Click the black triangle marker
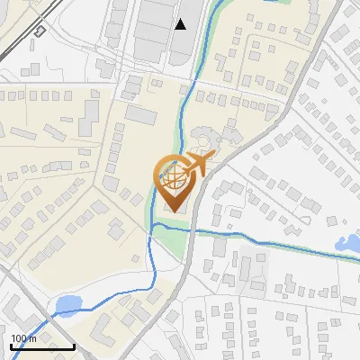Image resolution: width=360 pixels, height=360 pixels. [x=181, y=24]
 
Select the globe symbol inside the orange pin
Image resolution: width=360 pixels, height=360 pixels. [x=174, y=178]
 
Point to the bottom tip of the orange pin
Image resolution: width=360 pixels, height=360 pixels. [x=174, y=211]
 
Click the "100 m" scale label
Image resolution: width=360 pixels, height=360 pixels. [x=23, y=338]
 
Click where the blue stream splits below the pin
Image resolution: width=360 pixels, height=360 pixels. [x=154, y=226]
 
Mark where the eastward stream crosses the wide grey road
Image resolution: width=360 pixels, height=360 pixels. [x=190, y=230]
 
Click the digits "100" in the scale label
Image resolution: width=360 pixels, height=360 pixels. [x=19, y=338]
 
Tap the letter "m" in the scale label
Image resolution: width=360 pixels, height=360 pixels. [x=32, y=338]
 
